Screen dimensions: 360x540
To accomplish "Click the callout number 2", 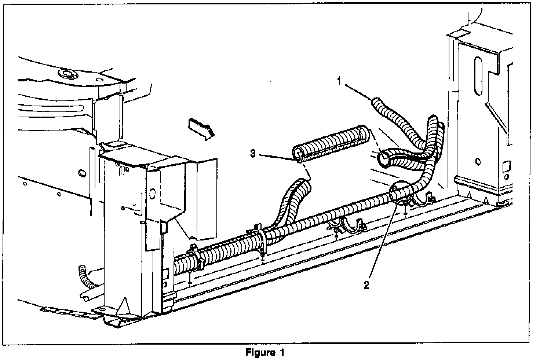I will tap(366, 285).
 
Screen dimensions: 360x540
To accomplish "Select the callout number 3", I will tap(253, 153).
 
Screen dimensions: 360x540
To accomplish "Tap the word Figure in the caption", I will tap(260, 353).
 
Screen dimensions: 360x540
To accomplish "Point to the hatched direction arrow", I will tap(202, 129).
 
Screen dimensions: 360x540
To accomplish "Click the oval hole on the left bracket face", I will tap(153, 193).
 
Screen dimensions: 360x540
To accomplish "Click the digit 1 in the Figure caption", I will tap(282, 353).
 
